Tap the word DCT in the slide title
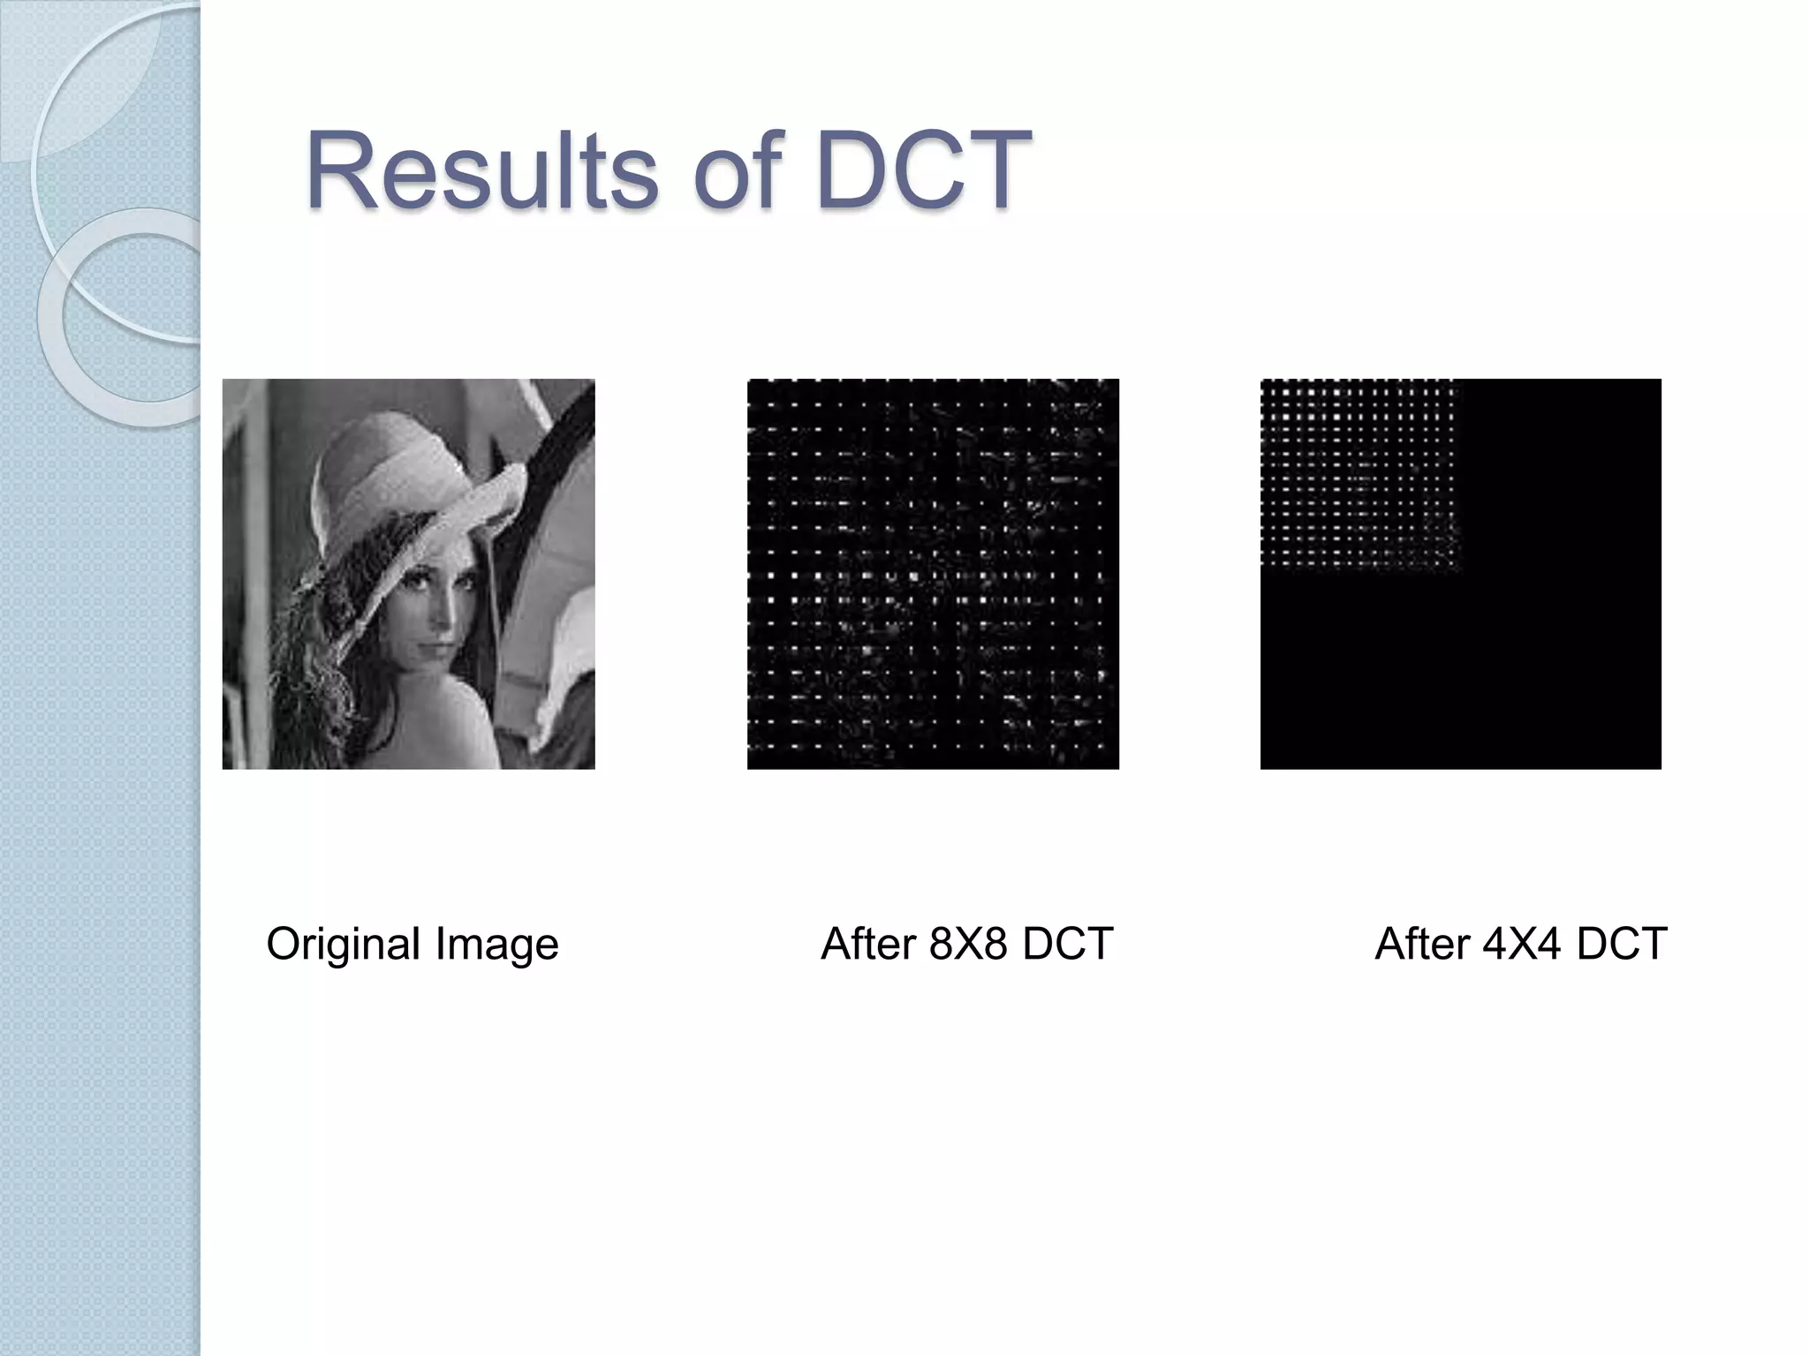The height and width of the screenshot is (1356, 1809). (924, 169)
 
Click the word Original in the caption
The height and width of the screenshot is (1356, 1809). (344, 944)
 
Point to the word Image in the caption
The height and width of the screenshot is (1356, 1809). (497, 944)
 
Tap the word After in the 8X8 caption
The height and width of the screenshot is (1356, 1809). (868, 944)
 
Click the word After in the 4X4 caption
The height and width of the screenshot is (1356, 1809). (1422, 944)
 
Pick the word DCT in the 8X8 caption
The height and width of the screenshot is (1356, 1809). (1067, 944)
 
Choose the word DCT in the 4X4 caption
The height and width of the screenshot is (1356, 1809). (1622, 944)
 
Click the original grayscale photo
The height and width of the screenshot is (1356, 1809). (408, 574)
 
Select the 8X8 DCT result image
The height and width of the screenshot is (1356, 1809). (933, 574)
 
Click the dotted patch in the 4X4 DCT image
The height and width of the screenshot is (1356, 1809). (1357, 475)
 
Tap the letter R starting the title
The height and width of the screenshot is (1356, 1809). (340, 169)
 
